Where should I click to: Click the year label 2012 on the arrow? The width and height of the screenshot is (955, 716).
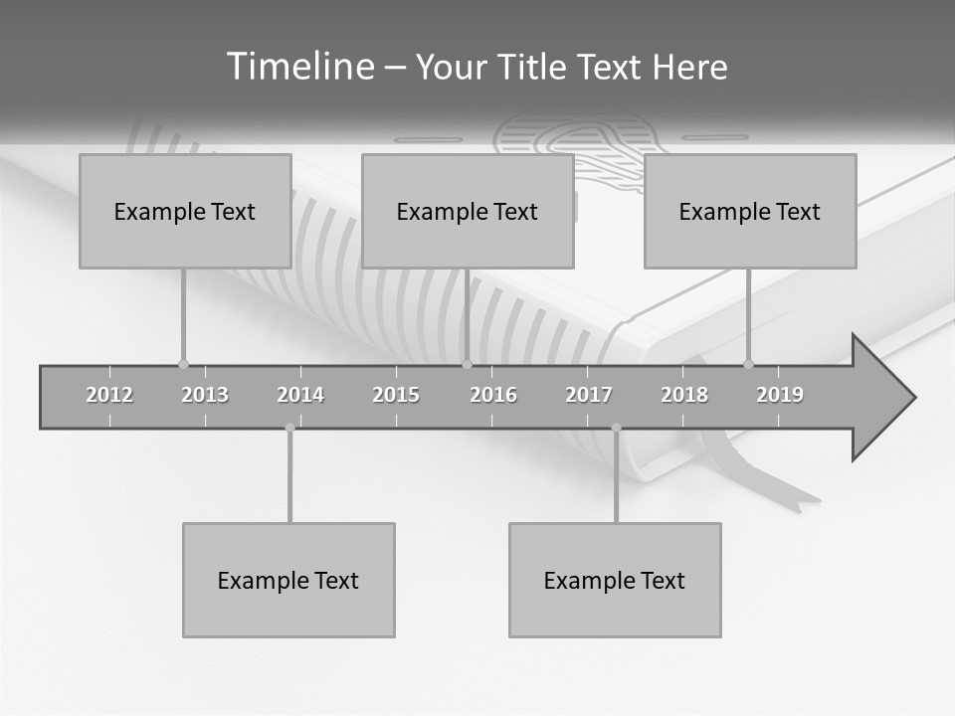[x=109, y=395]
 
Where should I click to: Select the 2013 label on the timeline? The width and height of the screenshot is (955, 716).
[x=205, y=395]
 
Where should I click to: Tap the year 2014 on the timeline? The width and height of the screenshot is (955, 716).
[x=300, y=395]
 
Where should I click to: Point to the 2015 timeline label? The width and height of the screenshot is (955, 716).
[x=396, y=395]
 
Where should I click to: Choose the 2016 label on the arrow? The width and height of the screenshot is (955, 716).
[x=493, y=395]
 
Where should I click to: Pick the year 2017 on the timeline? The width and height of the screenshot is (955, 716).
[x=589, y=395]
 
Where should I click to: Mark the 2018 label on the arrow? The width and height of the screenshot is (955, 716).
[x=684, y=395]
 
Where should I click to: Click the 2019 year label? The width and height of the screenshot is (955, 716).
[x=780, y=395]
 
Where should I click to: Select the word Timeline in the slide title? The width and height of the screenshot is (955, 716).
[x=299, y=67]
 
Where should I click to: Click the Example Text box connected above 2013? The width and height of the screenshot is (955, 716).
[x=185, y=211]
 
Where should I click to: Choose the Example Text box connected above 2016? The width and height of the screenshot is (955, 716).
[x=468, y=211]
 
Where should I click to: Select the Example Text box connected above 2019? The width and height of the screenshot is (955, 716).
[x=750, y=211]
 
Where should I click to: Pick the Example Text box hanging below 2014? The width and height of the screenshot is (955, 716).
[x=288, y=580]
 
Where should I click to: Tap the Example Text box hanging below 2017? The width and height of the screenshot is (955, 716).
[x=615, y=580]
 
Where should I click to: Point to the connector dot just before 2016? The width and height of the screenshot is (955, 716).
[x=467, y=364]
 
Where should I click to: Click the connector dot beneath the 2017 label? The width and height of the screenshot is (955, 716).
[x=616, y=428]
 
